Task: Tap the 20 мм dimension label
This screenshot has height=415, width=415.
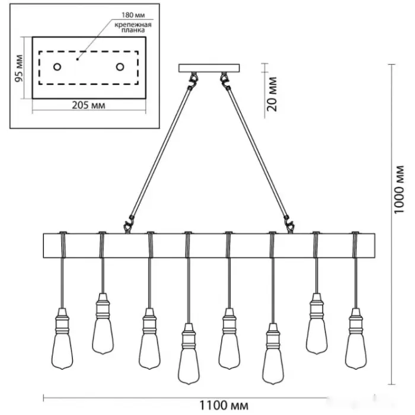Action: (272, 93)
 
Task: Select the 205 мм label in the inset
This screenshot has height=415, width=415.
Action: (88, 106)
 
